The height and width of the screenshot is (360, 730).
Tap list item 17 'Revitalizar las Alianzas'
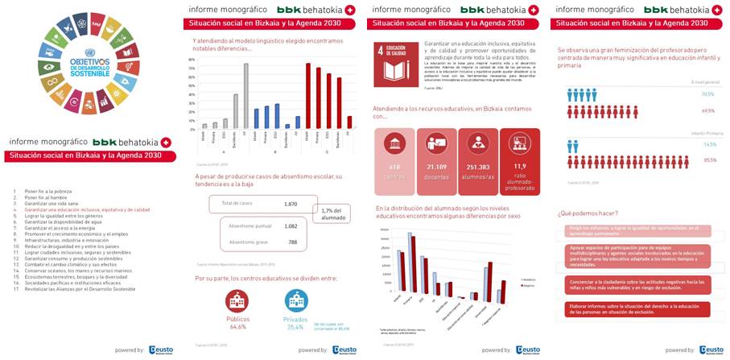77,289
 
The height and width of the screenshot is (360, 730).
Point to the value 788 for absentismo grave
292,242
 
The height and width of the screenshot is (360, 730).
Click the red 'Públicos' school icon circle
237,302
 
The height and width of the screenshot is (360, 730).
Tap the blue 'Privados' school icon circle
297,302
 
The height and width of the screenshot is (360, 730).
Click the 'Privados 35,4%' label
296,324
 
